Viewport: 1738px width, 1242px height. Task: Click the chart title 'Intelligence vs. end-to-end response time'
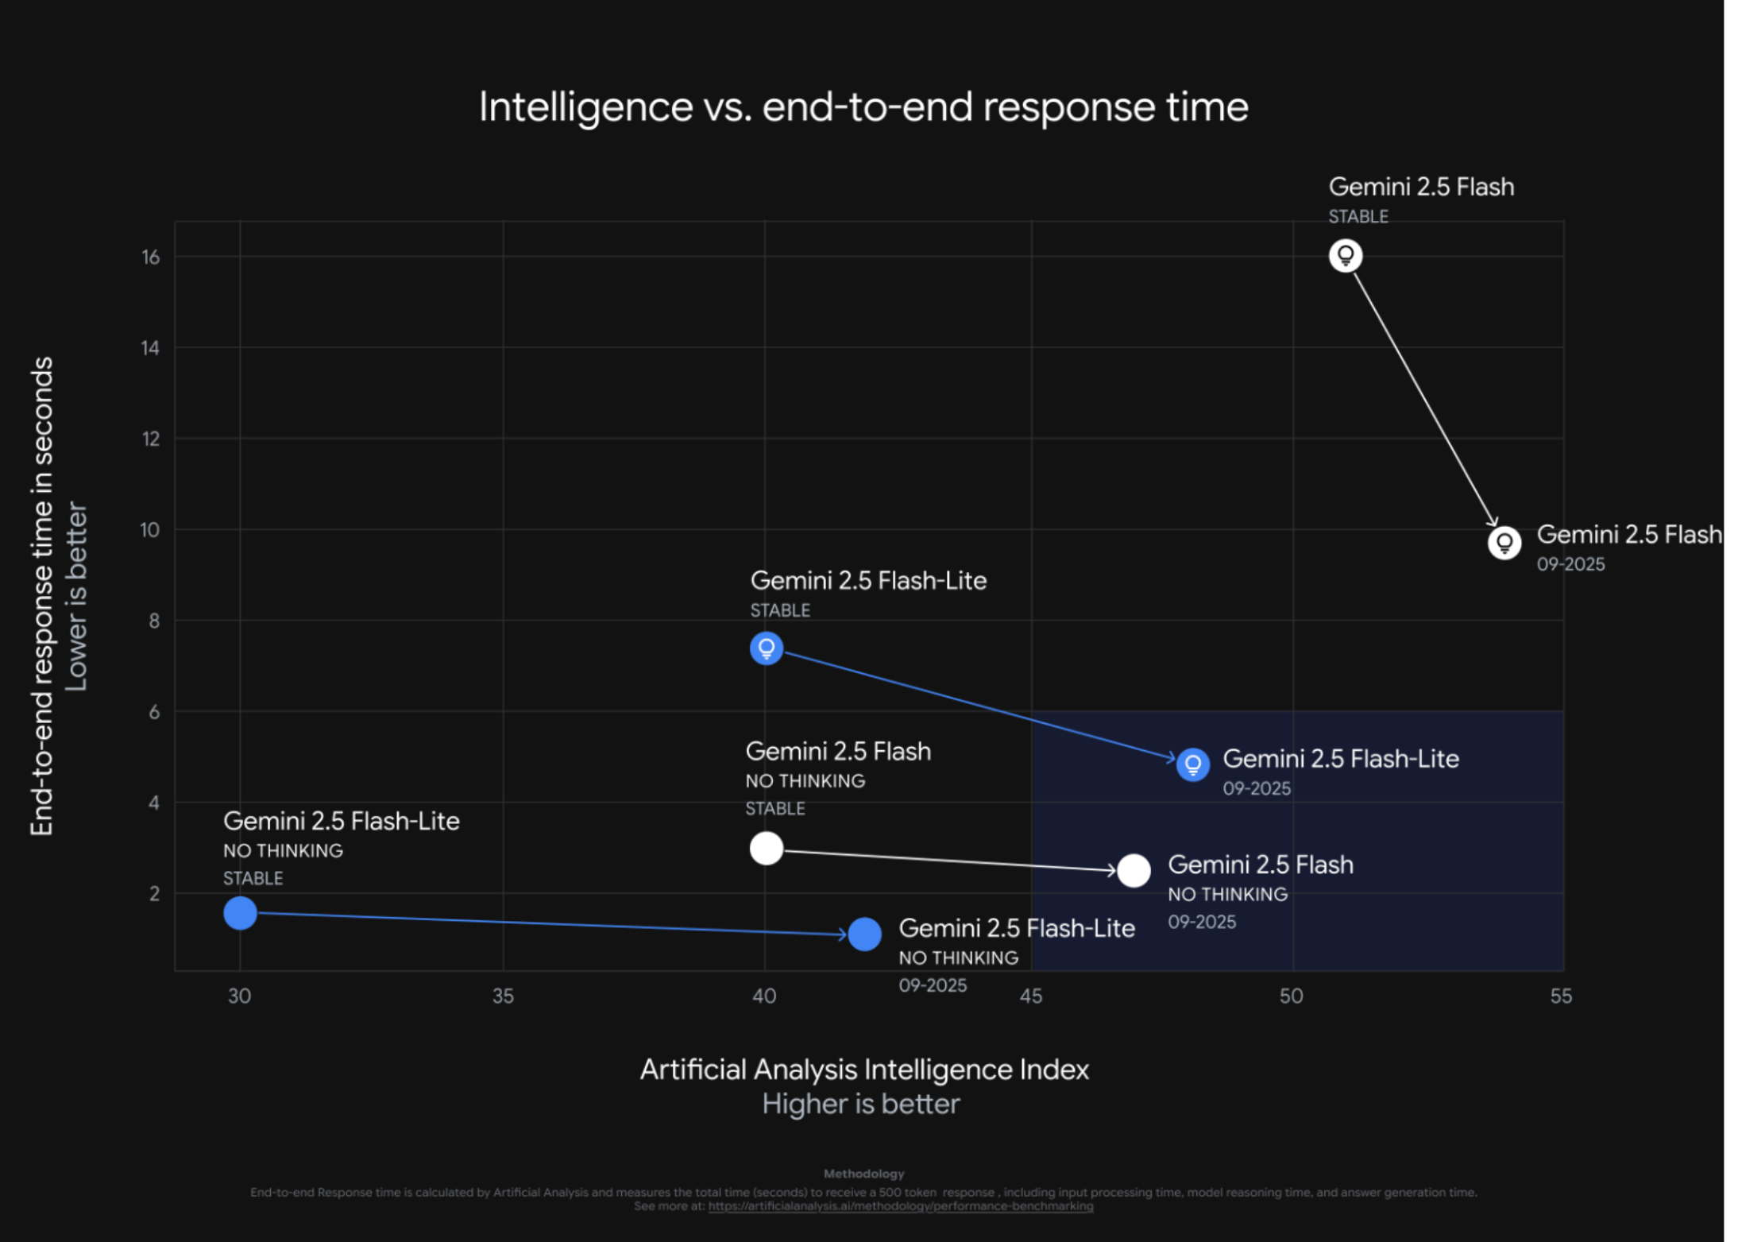coord(863,106)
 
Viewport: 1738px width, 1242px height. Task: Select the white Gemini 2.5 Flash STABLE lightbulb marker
coord(1345,256)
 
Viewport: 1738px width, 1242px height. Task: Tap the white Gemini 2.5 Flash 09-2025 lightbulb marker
coord(1504,544)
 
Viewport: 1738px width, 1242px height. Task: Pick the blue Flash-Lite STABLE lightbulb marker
coord(766,648)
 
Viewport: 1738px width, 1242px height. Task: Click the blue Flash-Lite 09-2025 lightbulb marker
coord(1192,764)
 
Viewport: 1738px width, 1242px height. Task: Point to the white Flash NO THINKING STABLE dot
coord(766,849)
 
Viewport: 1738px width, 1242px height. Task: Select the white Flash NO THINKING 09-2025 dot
coord(1134,871)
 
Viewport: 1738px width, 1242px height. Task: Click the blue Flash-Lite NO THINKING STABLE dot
coord(240,913)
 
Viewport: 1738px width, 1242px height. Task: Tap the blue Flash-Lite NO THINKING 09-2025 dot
coord(864,934)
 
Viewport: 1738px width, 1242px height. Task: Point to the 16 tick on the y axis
coord(150,257)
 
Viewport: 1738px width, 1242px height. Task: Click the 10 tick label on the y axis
coord(150,530)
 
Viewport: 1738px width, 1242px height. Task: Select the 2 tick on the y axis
coord(154,894)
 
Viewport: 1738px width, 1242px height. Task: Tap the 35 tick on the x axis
coord(503,996)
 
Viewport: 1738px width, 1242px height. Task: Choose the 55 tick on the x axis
coord(1560,996)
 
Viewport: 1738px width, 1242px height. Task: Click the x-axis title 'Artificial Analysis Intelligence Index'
coord(864,1070)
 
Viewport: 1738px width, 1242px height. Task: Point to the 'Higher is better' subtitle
coord(861,1105)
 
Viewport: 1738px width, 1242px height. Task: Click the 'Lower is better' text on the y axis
coord(76,596)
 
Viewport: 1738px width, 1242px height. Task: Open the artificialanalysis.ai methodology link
coord(901,1206)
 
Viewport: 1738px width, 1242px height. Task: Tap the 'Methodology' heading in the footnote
coord(863,1174)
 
